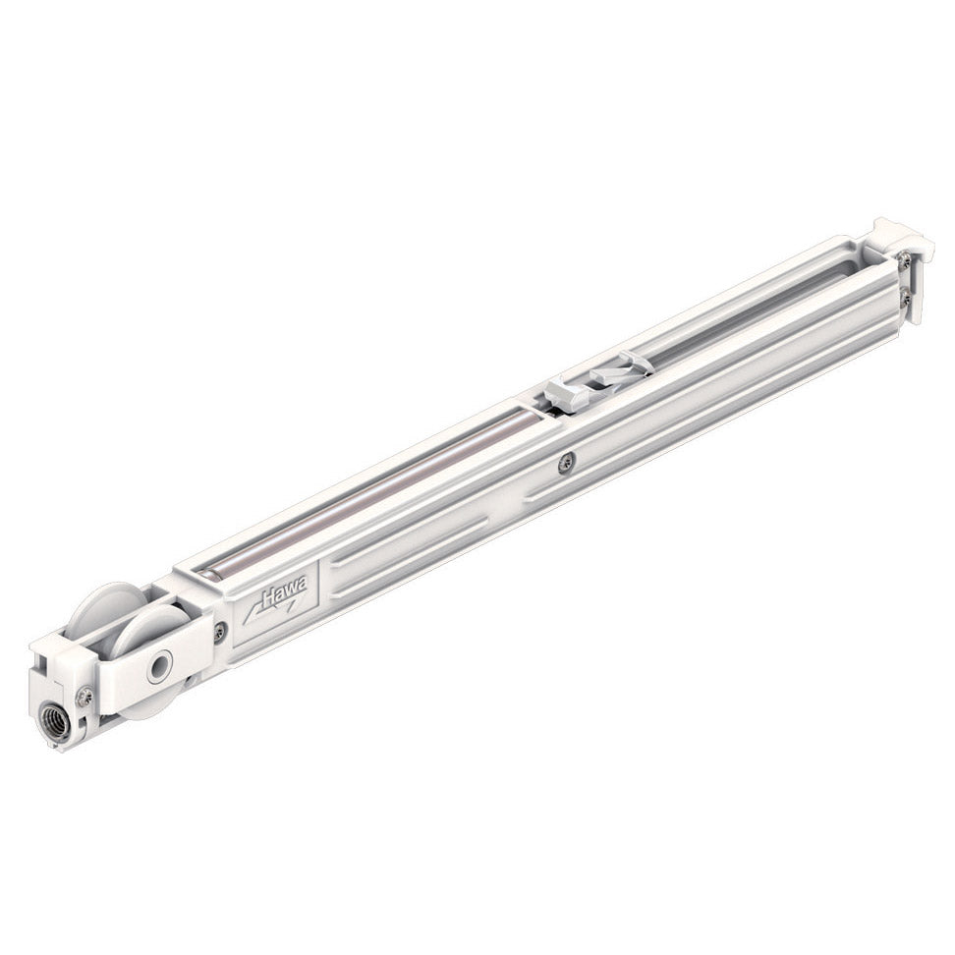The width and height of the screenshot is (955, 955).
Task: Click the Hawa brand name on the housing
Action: pos(285,592)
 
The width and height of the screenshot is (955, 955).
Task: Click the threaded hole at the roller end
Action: pos(56,722)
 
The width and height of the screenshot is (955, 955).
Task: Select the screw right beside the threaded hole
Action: pos(85,697)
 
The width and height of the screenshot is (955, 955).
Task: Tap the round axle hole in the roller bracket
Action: pos(157,668)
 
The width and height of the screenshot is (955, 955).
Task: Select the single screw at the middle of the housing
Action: pos(566,462)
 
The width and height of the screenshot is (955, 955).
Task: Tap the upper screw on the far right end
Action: pos(904,261)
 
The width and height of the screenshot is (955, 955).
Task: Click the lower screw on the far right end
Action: pos(904,295)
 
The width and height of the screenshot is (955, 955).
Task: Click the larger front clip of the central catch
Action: pos(568,394)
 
